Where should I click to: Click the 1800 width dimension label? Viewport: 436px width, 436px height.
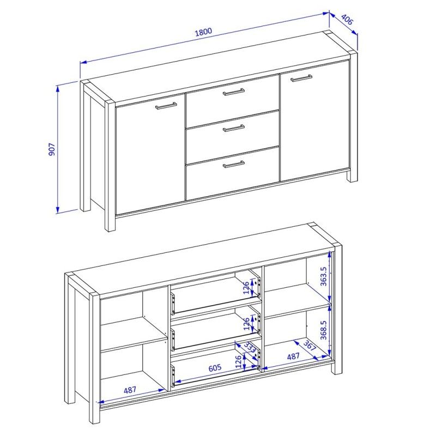point(203,32)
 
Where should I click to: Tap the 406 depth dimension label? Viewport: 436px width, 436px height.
point(347,20)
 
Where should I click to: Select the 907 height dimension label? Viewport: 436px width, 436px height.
point(52,149)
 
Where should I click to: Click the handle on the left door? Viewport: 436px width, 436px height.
point(166,106)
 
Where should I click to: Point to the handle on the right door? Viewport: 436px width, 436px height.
point(301,78)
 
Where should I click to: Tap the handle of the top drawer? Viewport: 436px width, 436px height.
point(234,92)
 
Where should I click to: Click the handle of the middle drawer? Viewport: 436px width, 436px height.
point(234,128)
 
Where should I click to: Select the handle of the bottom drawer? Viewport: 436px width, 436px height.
point(234,165)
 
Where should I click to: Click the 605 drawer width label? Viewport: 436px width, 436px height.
point(215,367)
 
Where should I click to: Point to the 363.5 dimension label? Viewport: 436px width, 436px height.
point(323,276)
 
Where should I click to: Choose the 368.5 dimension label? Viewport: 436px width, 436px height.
point(323,330)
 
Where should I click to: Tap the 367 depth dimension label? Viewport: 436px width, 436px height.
point(310,345)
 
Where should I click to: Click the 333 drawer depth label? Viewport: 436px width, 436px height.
point(250,348)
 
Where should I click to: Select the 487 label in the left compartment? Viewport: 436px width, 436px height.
point(130,390)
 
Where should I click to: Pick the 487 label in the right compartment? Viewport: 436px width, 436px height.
point(293,356)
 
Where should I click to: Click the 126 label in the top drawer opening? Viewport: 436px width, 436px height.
point(246,288)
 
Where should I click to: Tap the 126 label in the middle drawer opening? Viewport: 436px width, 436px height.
point(247,324)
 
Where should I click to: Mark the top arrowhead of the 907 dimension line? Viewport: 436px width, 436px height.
point(58,89)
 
